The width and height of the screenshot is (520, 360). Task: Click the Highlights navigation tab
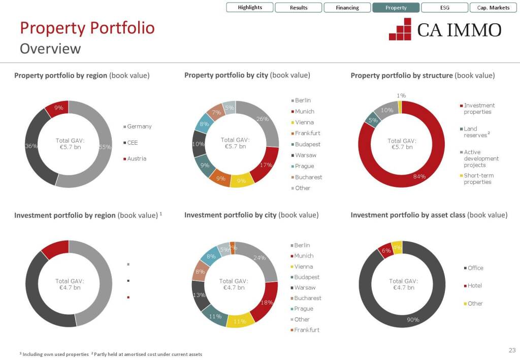click(250, 8)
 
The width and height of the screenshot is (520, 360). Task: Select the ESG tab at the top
click(445, 8)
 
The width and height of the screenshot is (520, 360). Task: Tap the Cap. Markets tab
click(493, 8)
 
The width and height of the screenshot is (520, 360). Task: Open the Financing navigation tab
click(347, 8)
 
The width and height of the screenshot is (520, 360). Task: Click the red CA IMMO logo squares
click(400, 29)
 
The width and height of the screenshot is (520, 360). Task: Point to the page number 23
click(511, 350)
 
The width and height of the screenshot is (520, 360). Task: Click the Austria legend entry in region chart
click(136, 158)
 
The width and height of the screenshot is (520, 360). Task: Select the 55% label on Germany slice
click(105, 147)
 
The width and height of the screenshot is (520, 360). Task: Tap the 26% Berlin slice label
click(263, 119)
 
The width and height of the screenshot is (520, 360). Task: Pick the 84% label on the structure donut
click(419, 177)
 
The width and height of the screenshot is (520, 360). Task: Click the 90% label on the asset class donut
click(413, 319)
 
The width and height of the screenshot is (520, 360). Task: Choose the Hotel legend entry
click(474, 286)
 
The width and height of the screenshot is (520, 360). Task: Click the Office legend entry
click(475, 268)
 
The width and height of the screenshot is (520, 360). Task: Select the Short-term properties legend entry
click(478, 179)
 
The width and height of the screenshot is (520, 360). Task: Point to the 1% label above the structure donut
click(401, 95)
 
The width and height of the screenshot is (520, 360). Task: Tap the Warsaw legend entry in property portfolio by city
click(305, 155)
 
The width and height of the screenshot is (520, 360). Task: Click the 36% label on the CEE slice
click(31, 146)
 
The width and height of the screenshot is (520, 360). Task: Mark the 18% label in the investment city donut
click(267, 303)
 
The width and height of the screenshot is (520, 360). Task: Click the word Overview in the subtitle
click(50, 49)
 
